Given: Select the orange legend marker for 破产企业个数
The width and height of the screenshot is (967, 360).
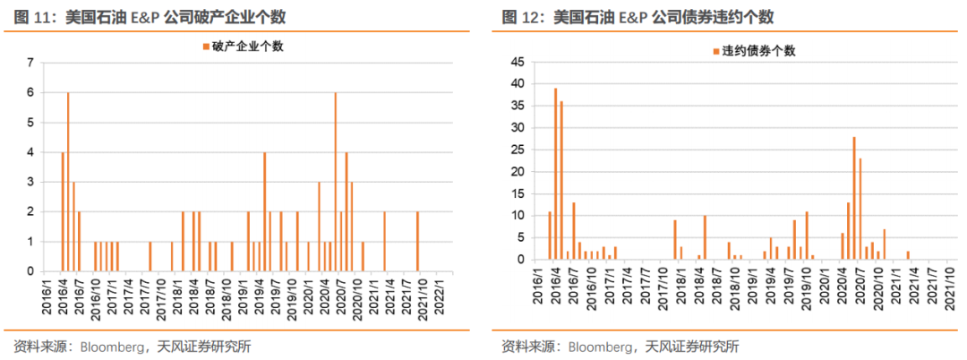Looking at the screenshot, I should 205,47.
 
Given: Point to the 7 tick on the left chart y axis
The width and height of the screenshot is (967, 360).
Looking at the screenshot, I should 30,63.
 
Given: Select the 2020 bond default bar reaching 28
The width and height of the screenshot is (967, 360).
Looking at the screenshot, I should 854,198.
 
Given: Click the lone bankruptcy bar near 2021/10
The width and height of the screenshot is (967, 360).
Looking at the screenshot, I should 417,241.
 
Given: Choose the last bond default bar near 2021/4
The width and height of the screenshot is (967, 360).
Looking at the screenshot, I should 908,255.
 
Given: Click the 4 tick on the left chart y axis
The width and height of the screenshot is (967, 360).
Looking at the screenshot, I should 30,152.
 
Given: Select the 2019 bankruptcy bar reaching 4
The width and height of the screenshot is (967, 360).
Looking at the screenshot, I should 264,211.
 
